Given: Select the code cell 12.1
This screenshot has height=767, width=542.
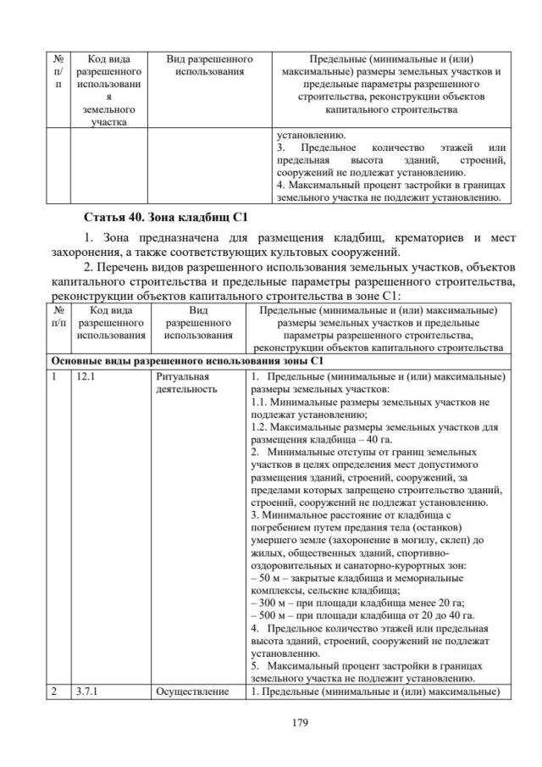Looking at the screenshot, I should click(86, 375).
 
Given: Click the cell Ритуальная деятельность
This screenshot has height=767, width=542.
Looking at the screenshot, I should click(186, 381).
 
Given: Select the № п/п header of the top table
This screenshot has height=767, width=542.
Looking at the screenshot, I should click(58, 73).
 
